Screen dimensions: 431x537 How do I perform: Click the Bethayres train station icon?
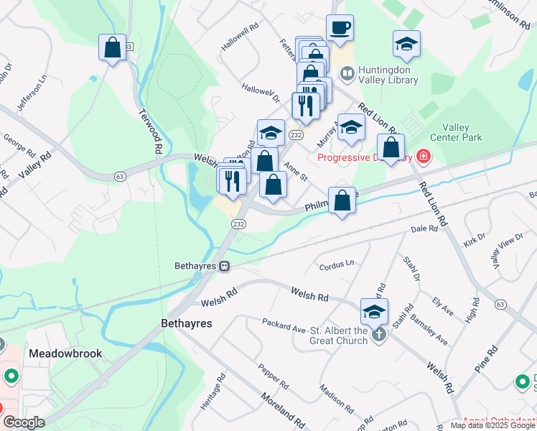pos(225,266)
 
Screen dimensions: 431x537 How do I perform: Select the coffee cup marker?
pos(340,28)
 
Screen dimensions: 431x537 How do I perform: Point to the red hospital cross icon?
pos(424,157)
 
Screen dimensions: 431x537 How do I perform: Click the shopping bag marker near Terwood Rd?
pos(113,47)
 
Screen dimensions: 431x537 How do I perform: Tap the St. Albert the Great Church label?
pos(339,335)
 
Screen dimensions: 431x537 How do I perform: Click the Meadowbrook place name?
pos(65,353)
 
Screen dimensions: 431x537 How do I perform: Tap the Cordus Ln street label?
pos(337,265)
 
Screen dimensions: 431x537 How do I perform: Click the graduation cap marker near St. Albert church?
pos(374,311)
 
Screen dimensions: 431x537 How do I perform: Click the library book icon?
pos(347,74)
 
